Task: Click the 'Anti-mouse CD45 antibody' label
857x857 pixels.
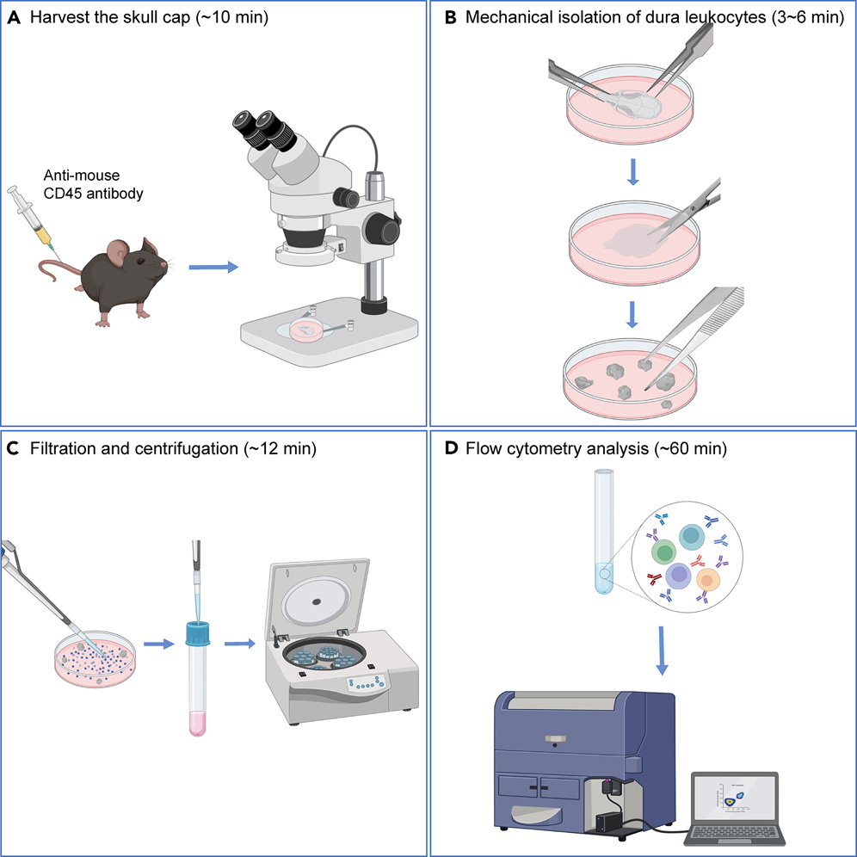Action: [93, 184]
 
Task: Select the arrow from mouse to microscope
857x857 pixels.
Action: [211, 268]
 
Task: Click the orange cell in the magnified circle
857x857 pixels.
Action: [706, 582]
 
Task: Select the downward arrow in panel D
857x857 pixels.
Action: [662, 651]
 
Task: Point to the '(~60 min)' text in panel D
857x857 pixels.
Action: [668, 448]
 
